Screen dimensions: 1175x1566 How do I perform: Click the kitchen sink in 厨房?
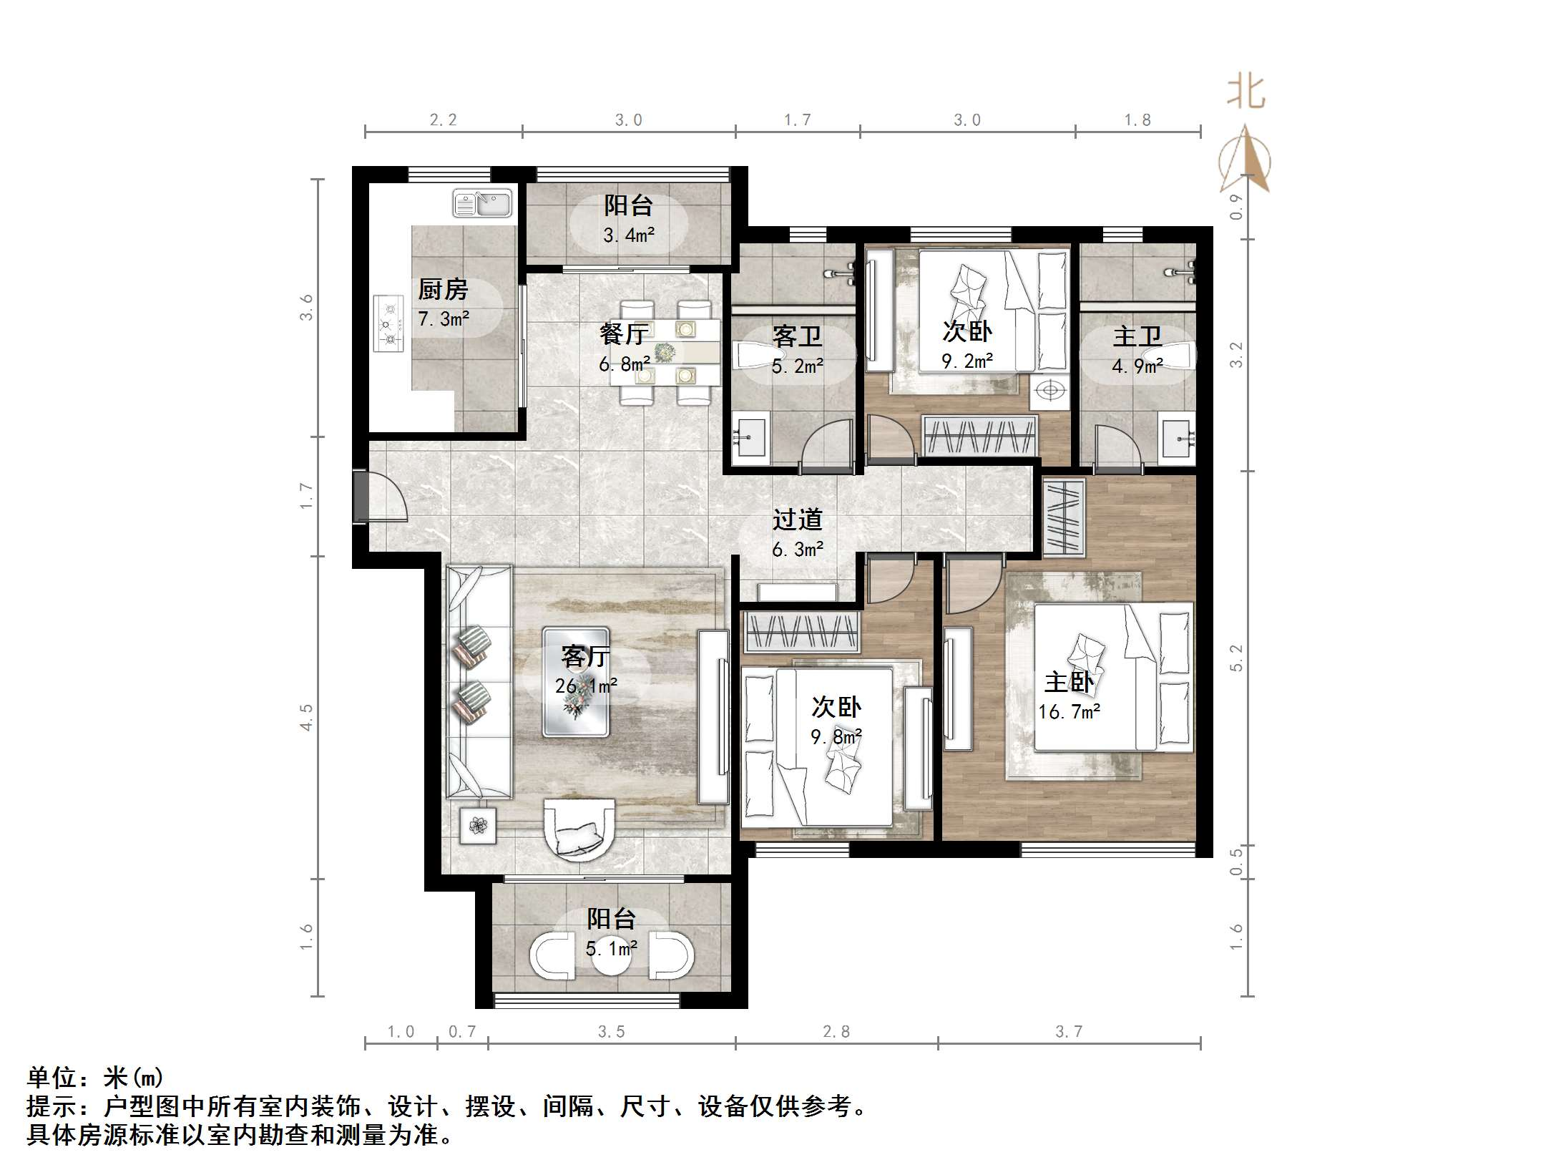coord(482,204)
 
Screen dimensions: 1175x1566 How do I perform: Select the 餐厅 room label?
coord(625,333)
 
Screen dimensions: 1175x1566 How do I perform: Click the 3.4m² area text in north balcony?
coord(629,235)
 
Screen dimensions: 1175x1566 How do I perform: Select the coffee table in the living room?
coord(576,682)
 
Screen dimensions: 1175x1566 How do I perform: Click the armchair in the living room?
coord(579,827)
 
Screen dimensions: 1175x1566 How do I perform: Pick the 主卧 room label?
coord(1069,682)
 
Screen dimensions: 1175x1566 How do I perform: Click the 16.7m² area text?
coord(1069,712)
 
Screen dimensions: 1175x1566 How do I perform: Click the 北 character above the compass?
coord(1246,93)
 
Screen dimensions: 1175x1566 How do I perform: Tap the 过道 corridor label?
coord(797,520)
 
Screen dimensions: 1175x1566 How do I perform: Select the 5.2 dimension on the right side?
coord(1237,658)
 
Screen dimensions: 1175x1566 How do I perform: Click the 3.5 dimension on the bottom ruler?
coord(612,1032)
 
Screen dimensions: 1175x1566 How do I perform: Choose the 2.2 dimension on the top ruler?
coord(443,120)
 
